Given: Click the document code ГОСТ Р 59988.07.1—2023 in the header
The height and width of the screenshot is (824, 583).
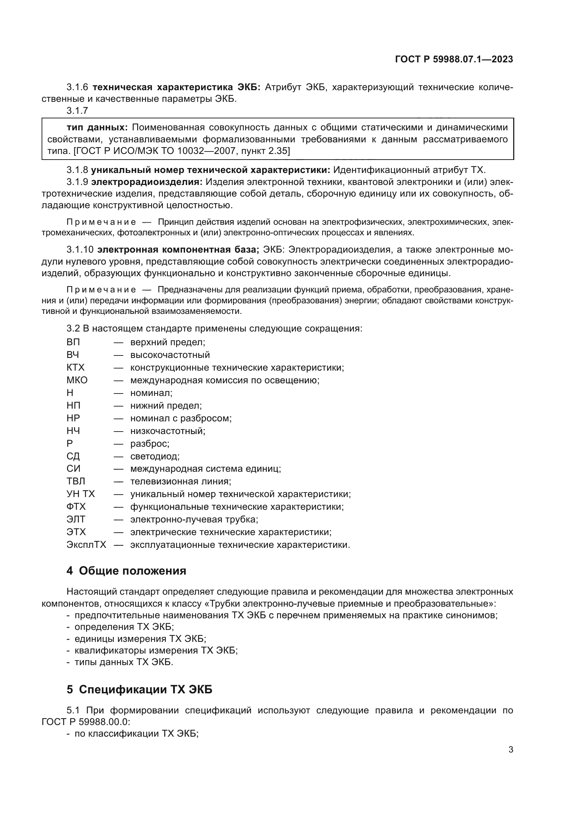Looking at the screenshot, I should tap(454, 59).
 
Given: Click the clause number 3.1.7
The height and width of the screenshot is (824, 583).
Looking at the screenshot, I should tap(77, 111).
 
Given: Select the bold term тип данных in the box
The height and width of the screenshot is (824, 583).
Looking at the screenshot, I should tap(97, 128).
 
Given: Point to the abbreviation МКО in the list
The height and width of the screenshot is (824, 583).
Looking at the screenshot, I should tap(77, 380).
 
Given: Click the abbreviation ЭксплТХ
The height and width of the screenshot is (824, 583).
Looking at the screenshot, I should tap(86, 545).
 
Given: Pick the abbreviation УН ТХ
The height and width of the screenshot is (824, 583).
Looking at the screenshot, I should tap(80, 494).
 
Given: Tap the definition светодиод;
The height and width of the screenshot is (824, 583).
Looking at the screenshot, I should tap(155, 456).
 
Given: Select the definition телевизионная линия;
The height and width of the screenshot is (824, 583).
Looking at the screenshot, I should tap(180, 481).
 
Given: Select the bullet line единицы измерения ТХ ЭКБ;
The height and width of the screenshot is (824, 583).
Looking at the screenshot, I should tap(140, 638).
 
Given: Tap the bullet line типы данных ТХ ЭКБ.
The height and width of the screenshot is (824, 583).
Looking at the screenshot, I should tap(123, 662).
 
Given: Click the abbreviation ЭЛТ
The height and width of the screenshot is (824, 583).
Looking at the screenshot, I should tap(76, 519).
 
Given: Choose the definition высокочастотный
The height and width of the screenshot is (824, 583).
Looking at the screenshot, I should tap(170, 355).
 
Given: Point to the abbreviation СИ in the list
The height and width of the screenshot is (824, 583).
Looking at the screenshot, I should tap(73, 469).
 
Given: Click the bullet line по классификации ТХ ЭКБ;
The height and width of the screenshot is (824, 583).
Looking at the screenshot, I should tap(136, 734).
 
